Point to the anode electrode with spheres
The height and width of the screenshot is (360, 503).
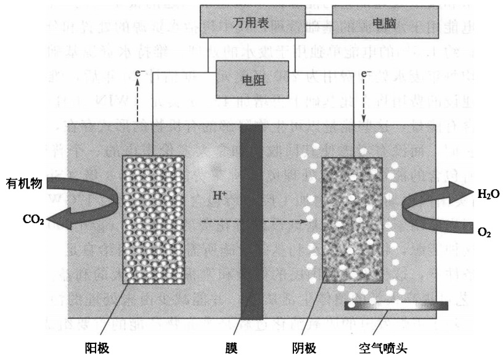click(153, 219)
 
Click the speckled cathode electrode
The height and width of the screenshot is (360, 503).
click(352, 219)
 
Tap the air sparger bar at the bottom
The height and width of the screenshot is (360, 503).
click(396, 305)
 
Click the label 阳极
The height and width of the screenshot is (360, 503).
click(97, 346)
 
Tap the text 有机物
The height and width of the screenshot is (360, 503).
click(24, 183)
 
